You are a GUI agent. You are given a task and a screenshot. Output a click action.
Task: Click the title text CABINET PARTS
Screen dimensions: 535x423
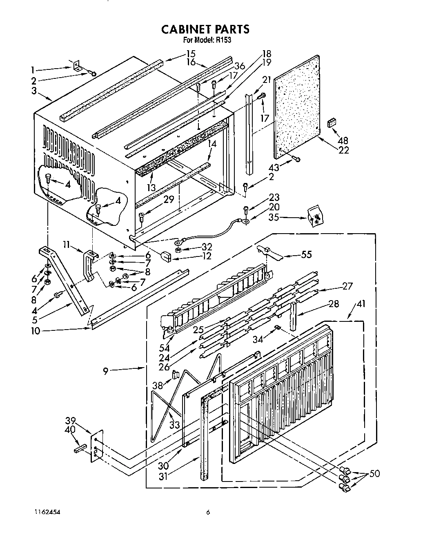205,29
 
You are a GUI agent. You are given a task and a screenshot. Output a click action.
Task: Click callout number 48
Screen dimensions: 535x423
343,141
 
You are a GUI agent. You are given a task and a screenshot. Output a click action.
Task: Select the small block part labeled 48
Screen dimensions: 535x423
331,122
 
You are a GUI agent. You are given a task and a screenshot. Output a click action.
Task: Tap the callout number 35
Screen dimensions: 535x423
274,217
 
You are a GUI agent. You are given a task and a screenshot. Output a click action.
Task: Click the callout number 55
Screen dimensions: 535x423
306,254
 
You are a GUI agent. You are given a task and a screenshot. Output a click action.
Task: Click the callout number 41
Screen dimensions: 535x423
361,304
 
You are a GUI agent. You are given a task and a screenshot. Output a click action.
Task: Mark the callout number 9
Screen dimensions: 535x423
105,371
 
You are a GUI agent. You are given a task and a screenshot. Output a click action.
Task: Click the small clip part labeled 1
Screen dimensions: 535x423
76,66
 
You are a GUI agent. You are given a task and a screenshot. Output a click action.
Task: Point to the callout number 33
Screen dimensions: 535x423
174,425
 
